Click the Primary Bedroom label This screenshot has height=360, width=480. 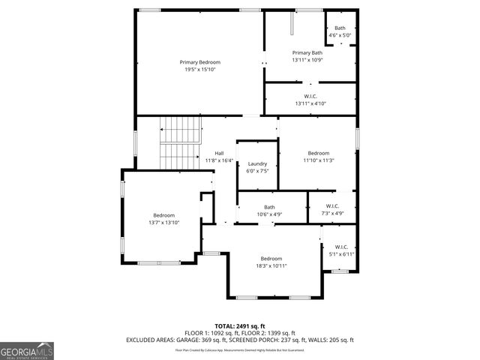pos(199,61)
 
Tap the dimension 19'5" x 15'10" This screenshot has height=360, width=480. pos(199,70)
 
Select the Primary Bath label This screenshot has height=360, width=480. pos(307,52)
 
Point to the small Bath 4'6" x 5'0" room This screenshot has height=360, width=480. pos(340,31)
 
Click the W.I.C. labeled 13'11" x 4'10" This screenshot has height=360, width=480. pos(310,99)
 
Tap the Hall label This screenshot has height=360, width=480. pos(219,153)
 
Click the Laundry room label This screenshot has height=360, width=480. pos(257,164)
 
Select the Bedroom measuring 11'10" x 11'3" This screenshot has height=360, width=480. pos(318,156)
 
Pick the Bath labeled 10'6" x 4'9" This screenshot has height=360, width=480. pos(268,211)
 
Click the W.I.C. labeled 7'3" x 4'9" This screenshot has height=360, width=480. pos(334,209)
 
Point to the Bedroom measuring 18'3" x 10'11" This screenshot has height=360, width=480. pos(271,262)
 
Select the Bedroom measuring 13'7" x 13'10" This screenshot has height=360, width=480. pos(163,218)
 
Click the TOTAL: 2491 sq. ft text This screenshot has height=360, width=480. pos(239,326)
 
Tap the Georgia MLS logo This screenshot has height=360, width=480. pos(27,350)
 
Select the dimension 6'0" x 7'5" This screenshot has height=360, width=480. pos(257,171)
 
